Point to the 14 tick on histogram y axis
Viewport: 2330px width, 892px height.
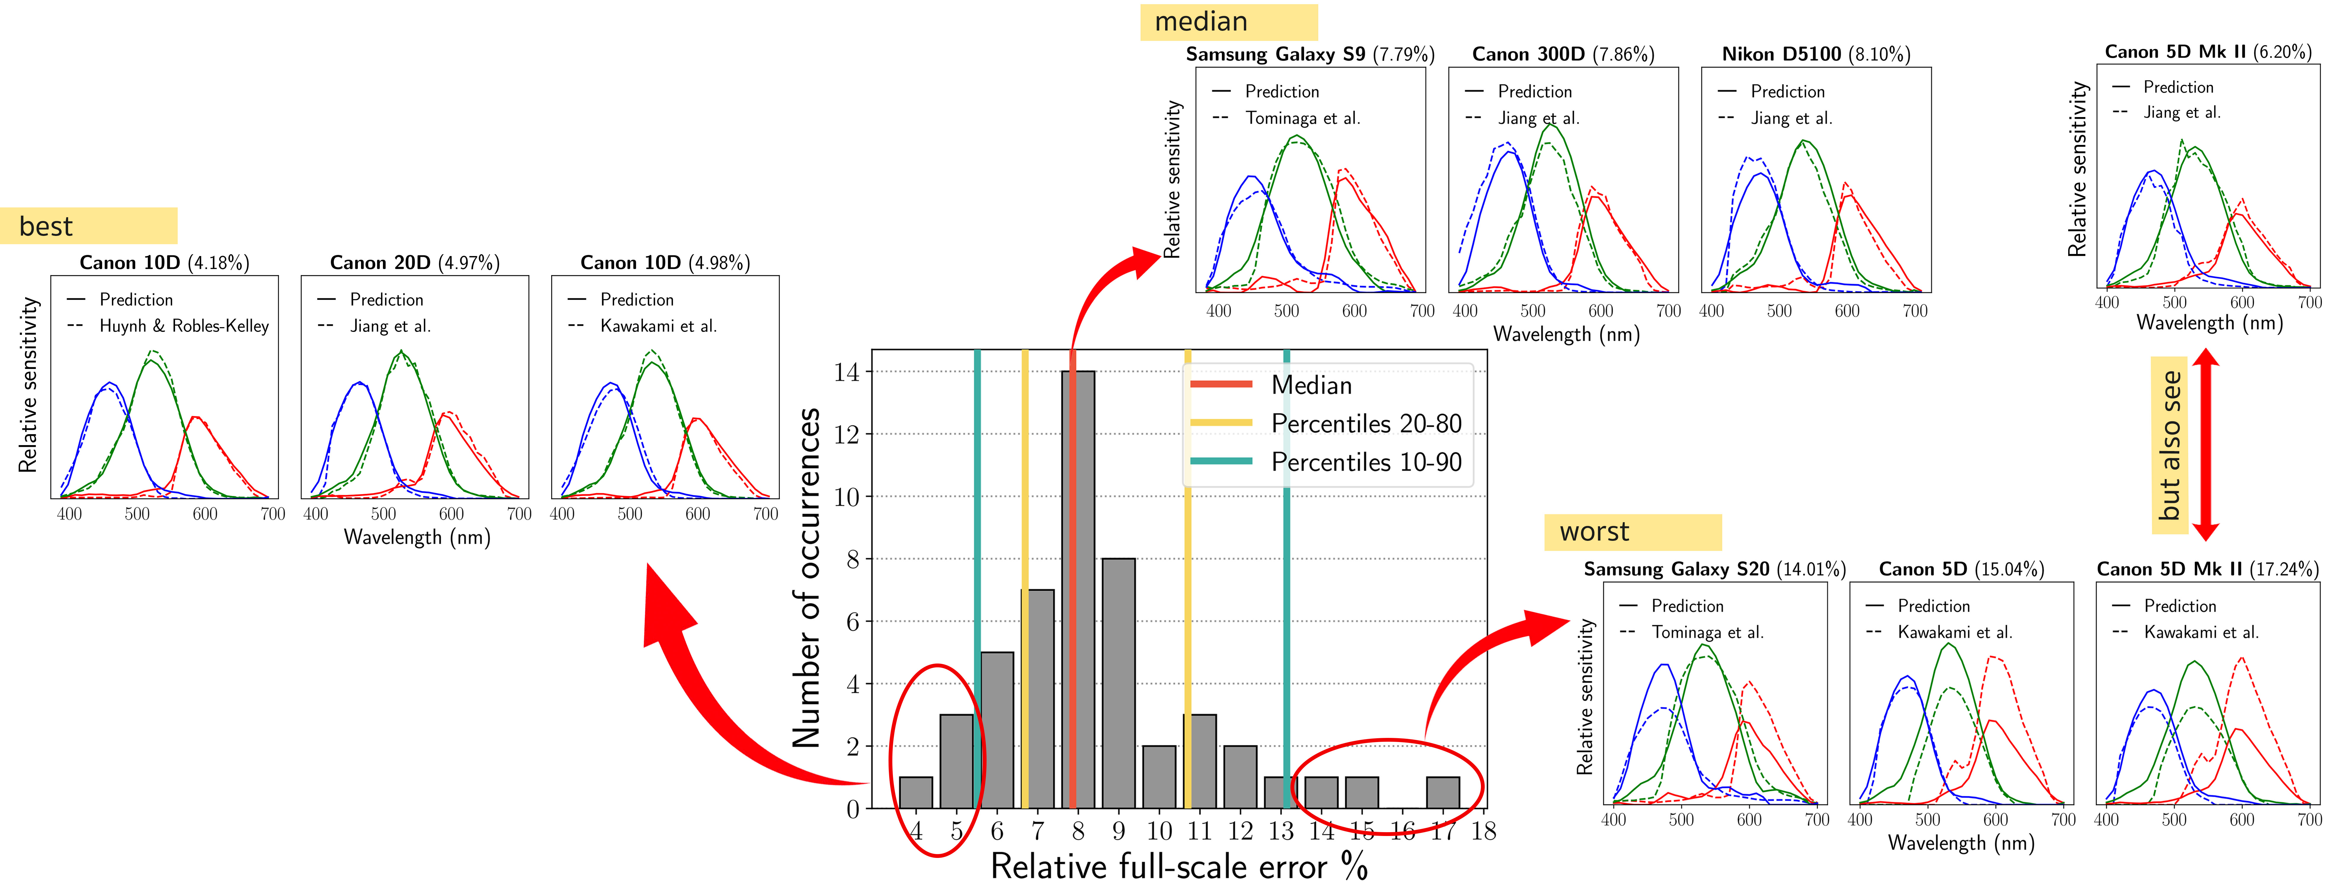(847, 372)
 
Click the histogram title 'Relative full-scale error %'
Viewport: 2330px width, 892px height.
(1178, 867)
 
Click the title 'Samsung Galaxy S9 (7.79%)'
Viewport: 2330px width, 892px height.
(1310, 54)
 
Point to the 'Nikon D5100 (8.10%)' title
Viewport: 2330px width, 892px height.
(1815, 54)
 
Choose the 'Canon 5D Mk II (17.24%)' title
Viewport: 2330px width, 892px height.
(2207, 569)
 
